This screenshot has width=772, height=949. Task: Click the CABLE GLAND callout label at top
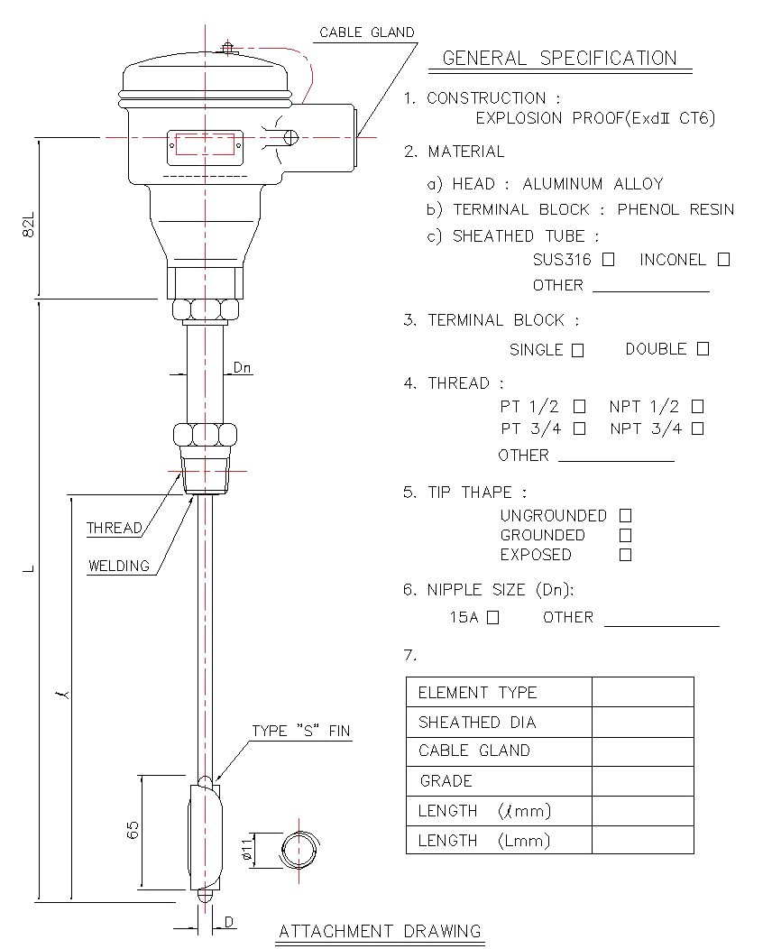coord(367,32)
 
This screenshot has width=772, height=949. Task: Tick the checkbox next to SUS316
coord(608,260)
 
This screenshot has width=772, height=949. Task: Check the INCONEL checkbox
coord(723,260)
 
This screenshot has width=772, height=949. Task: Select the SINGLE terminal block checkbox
coord(578,350)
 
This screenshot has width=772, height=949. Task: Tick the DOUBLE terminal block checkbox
coord(703,349)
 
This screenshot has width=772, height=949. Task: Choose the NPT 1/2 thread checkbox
coord(697,407)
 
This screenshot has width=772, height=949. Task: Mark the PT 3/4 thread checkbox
coord(580,428)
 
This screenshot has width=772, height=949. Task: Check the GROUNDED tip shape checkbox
coord(626,536)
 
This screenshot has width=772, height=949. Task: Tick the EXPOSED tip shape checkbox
coord(626,555)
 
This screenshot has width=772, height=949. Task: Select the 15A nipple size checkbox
coord(493,617)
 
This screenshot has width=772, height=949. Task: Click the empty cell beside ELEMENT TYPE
coord(642,692)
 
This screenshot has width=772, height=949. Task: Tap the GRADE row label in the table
coord(446,780)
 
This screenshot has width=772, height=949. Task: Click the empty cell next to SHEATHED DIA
coord(642,722)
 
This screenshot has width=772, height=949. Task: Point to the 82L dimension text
coord(29,225)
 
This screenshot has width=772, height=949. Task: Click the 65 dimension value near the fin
coord(133,830)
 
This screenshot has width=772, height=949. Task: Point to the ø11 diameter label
coord(246,850)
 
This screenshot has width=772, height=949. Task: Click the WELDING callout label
coord(118,566)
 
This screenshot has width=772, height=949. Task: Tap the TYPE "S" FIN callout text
coord(301,731)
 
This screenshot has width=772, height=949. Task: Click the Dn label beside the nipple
coord(242,368)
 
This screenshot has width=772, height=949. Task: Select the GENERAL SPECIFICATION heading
coord(560,58)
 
